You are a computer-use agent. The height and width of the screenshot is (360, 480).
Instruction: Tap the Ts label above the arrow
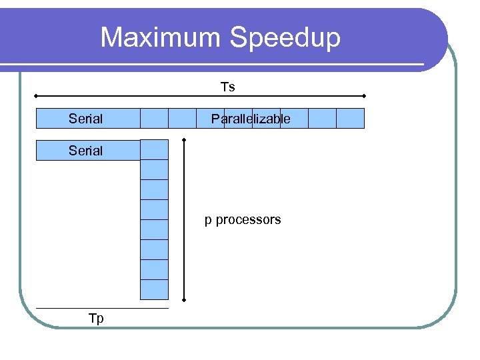pyautogui.click(x=228, y=87)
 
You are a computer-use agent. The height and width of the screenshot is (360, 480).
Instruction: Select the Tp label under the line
pyautogui.click(x=96, y=319)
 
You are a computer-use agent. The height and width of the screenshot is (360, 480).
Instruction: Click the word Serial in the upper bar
pyautogui.click(x=85, y=119)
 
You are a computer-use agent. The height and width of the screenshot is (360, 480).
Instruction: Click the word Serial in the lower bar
pyautogui.click(x=85, y=151)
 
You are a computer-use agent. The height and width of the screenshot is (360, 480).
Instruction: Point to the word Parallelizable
pyautogui.click(x=251, y=119)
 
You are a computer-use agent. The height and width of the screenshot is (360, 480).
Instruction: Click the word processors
pyautogui.click(x=248, y=220)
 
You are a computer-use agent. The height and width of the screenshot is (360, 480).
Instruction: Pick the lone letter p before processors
pyautogui.click(x=208, y=221)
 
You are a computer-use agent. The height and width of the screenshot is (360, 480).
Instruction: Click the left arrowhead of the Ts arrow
pyautogui.click(x=37, y=96)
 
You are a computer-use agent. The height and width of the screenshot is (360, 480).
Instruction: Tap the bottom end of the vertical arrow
pyautogui.click(x=185, y=299)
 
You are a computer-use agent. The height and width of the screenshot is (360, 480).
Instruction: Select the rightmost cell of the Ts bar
pyautogui.click(x=350, y=118)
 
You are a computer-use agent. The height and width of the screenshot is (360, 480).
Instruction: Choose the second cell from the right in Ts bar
pyautogui.click(x=322, y=118)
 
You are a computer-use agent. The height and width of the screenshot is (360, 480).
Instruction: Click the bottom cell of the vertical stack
pyautogui.click(x=154, y=289)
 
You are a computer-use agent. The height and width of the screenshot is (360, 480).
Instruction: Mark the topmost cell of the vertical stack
pyautogui.click(x=154, y=150)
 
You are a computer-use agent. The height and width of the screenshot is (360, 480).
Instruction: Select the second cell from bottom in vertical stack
pyautogui.click(x=154, y=269)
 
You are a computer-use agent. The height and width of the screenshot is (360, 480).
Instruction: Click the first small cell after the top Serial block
pyautogui.click(x=154, y=118)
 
